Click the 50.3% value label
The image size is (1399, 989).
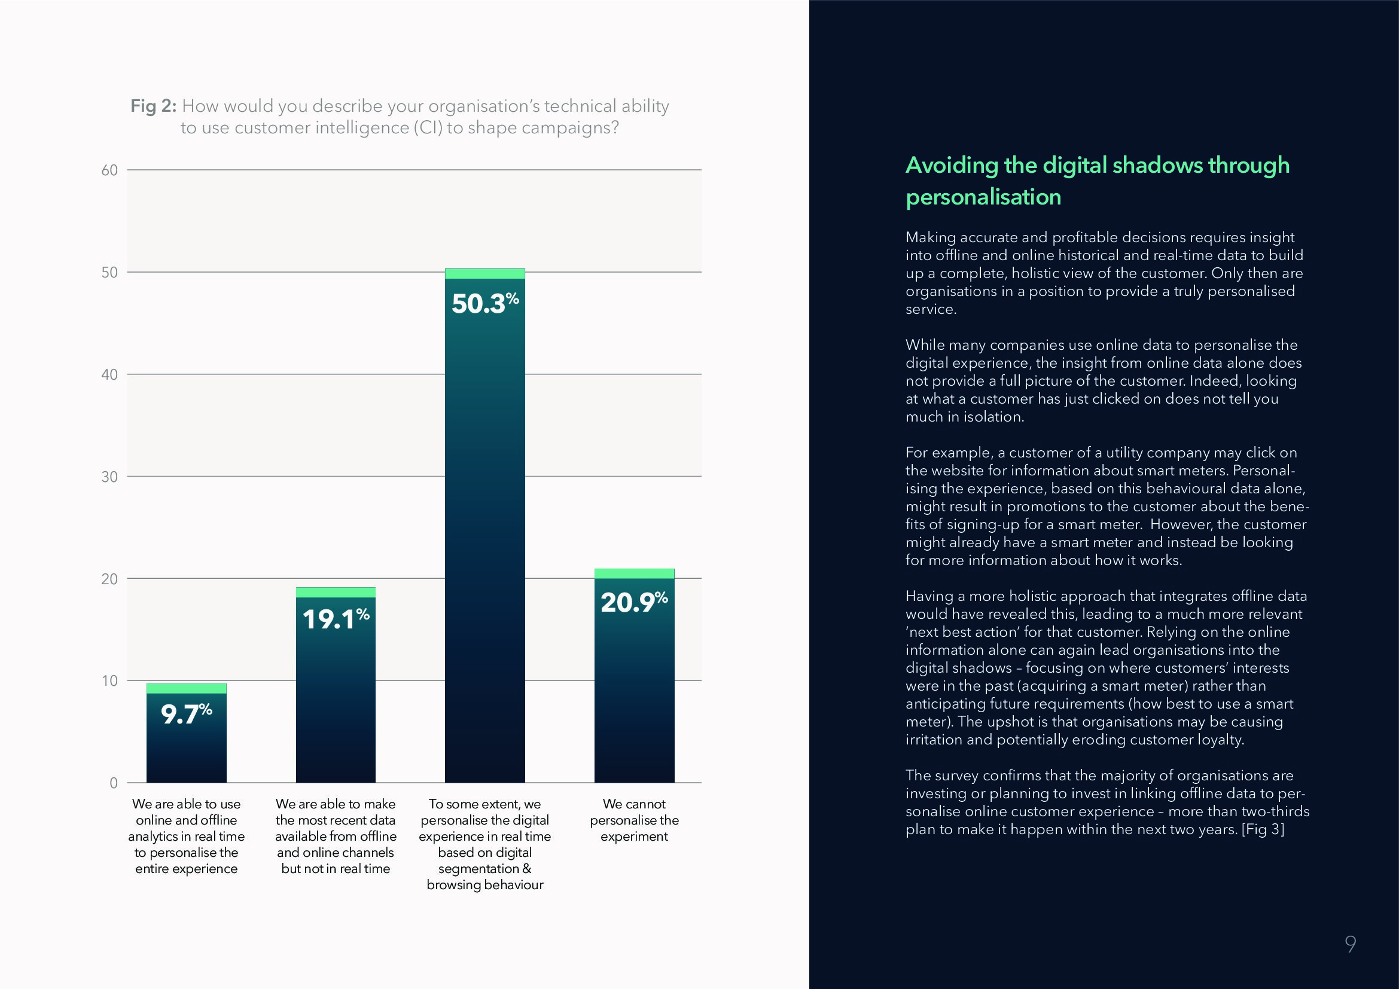tap(484, 303)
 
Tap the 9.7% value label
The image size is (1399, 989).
tap(186, 714)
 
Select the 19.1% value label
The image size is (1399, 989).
tap(336, 619)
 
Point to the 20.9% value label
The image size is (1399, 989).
tap(633, 602)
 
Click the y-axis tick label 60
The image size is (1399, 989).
tap(109, 170)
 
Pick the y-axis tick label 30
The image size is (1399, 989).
tap(109, 477)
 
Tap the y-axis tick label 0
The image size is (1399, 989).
tap(113, 783)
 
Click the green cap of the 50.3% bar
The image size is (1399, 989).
tap(484, 273)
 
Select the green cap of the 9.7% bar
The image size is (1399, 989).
tap(186, 688)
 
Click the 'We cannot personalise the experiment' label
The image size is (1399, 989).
tap(633, 820)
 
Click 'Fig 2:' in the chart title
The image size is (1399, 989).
tap(154, 106)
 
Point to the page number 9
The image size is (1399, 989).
tap(1351, 944)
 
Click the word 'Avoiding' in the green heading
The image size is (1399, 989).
tap(951, 165)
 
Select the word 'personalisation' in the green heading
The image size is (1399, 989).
tap(983, 197)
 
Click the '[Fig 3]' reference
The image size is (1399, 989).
tap(1263, 829)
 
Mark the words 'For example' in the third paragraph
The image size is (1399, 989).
tap(947, 453)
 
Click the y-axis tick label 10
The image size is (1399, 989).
tap(109, 681)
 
